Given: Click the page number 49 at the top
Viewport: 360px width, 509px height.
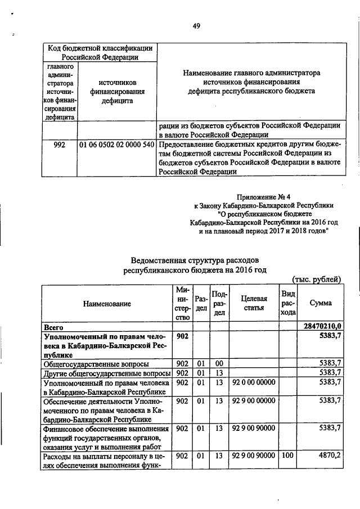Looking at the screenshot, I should pos(196,25).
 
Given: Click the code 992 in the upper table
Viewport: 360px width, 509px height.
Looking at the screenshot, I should pos(59,145).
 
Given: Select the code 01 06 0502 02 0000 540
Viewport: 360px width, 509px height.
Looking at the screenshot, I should pos(117,145).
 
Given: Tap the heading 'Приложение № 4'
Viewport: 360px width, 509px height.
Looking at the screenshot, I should pos(264,196).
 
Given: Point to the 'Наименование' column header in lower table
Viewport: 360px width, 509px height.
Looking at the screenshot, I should pos(107,303).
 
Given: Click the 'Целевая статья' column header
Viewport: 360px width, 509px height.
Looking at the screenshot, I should pos(254,303).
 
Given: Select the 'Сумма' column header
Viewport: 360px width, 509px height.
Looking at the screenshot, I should pos(321,303).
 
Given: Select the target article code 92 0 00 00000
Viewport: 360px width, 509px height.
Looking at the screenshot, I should pos(253,382).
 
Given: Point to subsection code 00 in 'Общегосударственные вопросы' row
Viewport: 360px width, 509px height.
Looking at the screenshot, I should pos(219,363).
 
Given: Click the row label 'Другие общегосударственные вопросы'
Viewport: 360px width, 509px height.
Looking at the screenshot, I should pos(106,373).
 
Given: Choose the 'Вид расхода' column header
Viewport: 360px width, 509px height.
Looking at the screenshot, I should pos(288,303).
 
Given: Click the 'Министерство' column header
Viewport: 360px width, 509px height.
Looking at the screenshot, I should pos(182,303).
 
